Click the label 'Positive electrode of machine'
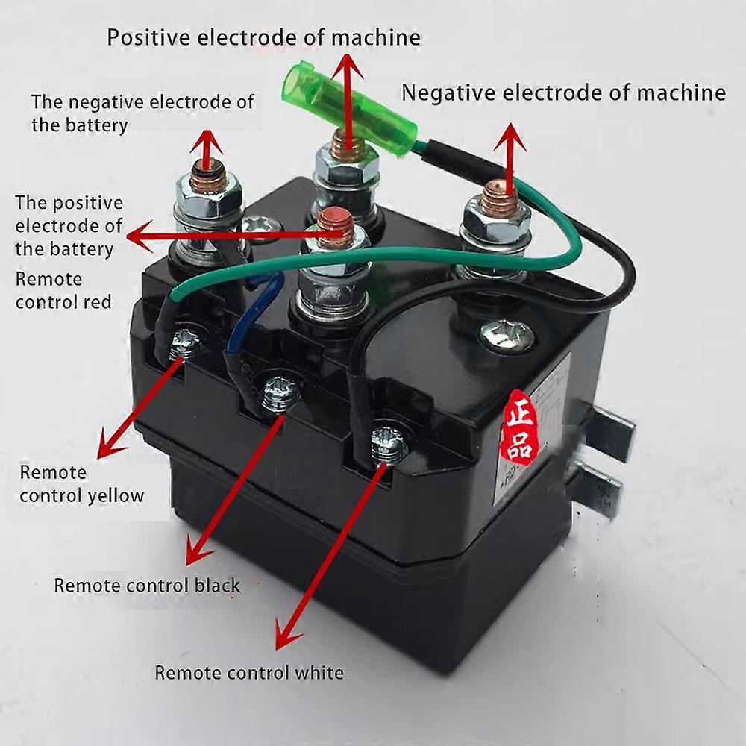pos(263,37)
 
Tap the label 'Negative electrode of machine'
pos(563,93)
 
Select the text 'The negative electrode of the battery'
pos(142,113)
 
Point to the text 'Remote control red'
pos(63,290)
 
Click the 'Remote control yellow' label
pos(81,483)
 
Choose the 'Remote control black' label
pos(147,585)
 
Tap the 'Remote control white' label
pos(248,672)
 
